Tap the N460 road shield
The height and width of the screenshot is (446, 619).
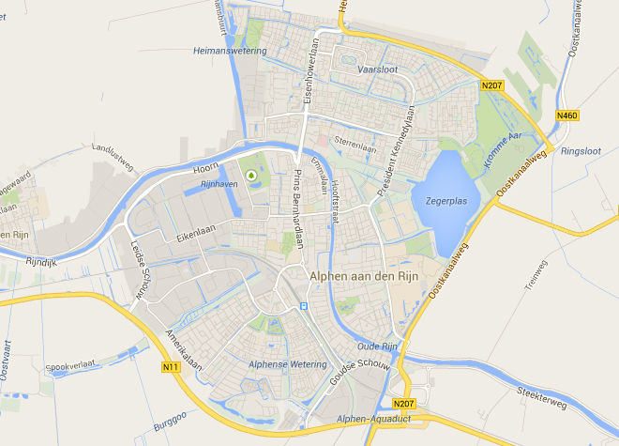(566, 116)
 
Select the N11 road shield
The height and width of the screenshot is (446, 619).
(170, 366)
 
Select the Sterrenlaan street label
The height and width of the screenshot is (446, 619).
(355, 146)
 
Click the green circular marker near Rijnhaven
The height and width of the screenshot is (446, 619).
(251, 175)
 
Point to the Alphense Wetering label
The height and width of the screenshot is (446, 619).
(288, 364)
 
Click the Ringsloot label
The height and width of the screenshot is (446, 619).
(579, 149)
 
